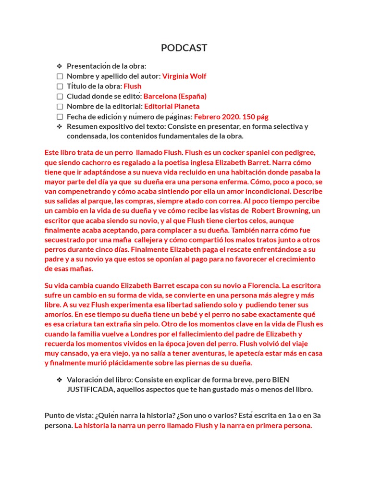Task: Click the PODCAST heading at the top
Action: point(184,48)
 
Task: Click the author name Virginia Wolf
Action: point(184,76)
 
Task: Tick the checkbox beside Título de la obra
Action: point(60,86)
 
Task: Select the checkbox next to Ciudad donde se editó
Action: point(60,97)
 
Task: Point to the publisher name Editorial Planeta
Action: point(172,106)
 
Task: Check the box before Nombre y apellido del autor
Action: point(60,76)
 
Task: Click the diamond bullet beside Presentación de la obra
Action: point(60,66)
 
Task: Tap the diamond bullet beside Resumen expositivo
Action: point(60,127)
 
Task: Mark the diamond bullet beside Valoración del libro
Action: point(60,380)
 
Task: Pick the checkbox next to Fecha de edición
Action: point(60,117)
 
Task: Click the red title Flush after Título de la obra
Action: point(133,86)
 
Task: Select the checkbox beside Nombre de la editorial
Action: point(60,107)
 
